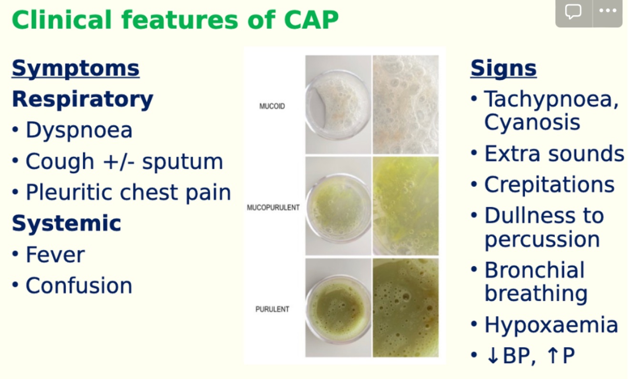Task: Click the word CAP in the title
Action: (x=311, y=20)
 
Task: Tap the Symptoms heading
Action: (x=75, y=68)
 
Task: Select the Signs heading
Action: (x=503, y=68)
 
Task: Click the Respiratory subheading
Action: (x=82, y=99)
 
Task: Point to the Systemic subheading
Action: (x=66, y=223)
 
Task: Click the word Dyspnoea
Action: (x=79, y=130)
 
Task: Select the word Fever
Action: (x=55, y=255)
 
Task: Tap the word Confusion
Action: (x=79, y=285)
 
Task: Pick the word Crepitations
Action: (x=549, y=184)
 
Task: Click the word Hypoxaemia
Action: (x=551, y=325)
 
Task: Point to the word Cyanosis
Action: (x=532, y=123)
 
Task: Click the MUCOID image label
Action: (x=272, y=106)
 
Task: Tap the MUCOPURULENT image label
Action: (x=273, y=207)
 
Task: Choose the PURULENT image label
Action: (x=272, y=309)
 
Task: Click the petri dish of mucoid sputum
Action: (x=338, y=105)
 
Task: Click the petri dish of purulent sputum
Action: (x=338, y=308)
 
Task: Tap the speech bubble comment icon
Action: (x=573, y=11)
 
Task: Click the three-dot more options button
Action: (x=607, y=11)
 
